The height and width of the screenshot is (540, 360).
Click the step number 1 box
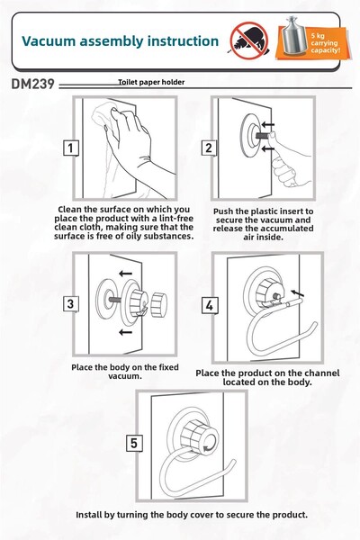70,148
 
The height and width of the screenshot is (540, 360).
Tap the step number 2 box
209,148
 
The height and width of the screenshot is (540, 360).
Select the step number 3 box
70,304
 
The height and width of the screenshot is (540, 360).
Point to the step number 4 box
210,305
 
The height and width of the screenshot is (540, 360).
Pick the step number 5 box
134,443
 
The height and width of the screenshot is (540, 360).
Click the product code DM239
32,84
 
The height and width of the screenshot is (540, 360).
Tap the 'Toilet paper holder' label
151,82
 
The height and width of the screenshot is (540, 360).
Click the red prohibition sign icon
249,40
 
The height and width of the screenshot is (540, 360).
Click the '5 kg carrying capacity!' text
325,42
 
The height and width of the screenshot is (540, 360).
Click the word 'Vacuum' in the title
49,41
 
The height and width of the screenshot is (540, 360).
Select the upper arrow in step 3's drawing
125,274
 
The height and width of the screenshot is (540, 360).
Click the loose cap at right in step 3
159,304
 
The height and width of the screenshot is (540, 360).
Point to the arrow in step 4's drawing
298,293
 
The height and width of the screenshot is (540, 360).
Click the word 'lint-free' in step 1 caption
175,219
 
